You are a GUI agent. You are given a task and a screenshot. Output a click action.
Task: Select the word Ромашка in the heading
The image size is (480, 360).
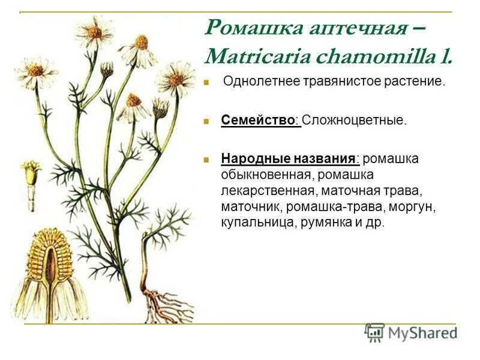pos(245,28)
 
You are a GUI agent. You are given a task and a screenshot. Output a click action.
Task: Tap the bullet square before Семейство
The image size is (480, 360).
pos(206,121)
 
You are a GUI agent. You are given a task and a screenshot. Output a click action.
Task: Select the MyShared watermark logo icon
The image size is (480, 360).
pos(375,332)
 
